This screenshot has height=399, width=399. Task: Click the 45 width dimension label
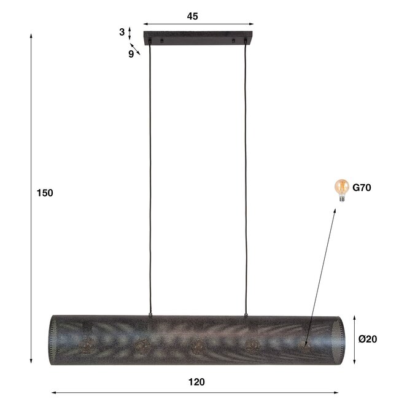192,17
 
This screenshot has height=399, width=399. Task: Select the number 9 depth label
131,53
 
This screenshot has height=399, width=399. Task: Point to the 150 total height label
45,193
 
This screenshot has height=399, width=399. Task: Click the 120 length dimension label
196,381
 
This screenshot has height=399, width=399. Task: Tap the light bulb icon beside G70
341,188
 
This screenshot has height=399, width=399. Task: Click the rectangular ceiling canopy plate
198,37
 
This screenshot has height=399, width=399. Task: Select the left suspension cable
148,178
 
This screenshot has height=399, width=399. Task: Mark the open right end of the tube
339,339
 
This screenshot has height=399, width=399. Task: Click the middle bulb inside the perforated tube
196,346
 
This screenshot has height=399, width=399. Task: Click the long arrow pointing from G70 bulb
320,276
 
